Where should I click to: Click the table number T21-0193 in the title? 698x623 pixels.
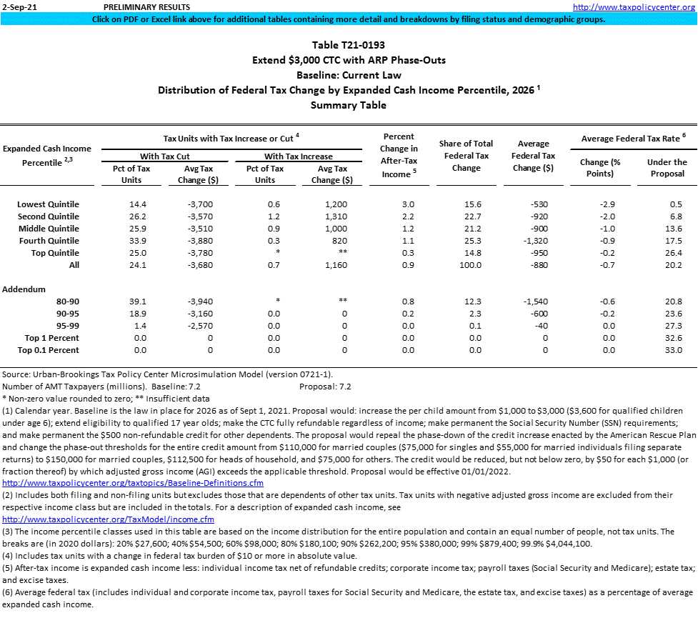pyautogui.click(x=349, y=45)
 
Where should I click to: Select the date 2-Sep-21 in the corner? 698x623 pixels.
pyautogui.click(x=17, y=6)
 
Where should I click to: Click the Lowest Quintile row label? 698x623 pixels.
pyautogui.click(x=48, y=204)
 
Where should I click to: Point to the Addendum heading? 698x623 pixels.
pyautogui.click(x=24, y=289)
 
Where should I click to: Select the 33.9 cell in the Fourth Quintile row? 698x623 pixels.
pyautogui.click(x=132, y=241)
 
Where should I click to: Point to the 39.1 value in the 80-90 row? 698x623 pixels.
pyautogui.click(x=132, y=301)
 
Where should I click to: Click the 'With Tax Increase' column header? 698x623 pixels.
pyautogui.click(x=298, y=156)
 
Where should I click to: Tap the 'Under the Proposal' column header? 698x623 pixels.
pyautogui.click(x=667, y=168)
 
